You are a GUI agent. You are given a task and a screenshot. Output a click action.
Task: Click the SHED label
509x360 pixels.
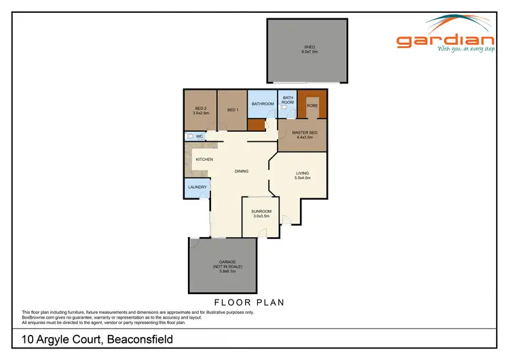pyautogui.click(x=309, y=46)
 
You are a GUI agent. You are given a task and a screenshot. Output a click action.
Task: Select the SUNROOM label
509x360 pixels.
pyautogui.click(x=262, y=211)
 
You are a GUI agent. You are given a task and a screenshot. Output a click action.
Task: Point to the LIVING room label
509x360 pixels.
pyautogui.click(x=302, y=173)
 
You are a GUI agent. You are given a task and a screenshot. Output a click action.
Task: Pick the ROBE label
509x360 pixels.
pyautogui.click(x=312, y=105)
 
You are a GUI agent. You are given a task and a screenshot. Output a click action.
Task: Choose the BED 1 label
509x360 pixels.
pyautogui.click(x=232, y=110)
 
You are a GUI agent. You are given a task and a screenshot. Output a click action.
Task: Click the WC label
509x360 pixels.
pyautogui.click(x=200, y=137)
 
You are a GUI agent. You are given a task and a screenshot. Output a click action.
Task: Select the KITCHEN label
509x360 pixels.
pyautogui.click(x=204, y=159)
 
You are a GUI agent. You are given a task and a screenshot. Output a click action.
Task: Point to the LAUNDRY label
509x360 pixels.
pyautogui.click(x=197, y=187)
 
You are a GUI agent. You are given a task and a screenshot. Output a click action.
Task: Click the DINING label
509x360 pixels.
pyautogui.click(x=242, y=171)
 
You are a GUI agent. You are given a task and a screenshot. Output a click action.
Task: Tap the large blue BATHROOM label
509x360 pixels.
pyautogui.click(x=263, y=104)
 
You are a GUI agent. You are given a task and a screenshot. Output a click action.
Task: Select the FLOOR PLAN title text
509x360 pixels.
pyautogui.click(x=248, y=302)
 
